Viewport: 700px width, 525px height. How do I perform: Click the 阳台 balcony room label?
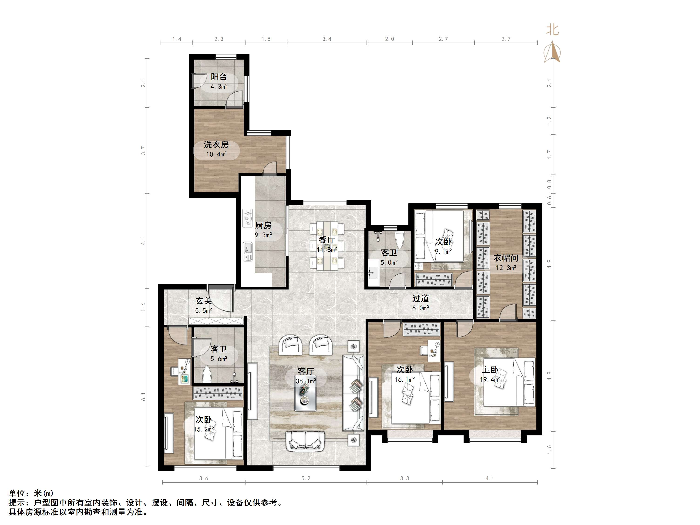(219, 77)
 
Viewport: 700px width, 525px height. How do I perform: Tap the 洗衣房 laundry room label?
(216, 145)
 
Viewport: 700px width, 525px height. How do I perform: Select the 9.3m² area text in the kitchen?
(263, 235)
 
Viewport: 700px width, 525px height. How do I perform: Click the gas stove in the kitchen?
(247, 218)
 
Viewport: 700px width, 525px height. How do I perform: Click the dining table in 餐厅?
(327, 246)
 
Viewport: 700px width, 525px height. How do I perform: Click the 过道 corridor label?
(421, 298)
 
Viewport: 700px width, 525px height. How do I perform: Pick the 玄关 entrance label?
(203, 301)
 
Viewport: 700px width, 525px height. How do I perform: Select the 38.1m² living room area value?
(306, 381)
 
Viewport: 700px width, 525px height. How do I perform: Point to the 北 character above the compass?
(552, 30)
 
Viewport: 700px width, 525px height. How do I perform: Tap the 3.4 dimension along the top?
(327, 39)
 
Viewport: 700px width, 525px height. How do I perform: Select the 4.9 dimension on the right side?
(549, 264)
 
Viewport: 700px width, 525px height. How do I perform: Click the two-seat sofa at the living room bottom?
(306, 441)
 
